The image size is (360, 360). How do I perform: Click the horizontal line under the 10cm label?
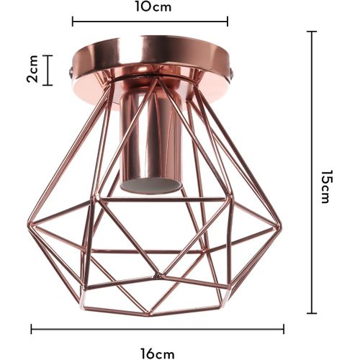[x=150, y=22]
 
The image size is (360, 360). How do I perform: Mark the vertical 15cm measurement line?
[x=312, y=173]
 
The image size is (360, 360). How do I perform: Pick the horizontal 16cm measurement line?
[x=158, y=330]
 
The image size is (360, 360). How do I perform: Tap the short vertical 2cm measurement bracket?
[x=48, y=71]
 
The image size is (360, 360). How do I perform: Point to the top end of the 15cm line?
[x=312, y=32]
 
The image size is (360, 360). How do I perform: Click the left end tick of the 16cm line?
[x=32, y=330]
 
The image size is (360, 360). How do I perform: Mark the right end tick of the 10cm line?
[x=228, y=22]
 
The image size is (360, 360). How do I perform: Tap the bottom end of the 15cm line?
[x=312, y=313]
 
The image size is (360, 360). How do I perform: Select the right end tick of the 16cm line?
[x=284, y=330]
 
